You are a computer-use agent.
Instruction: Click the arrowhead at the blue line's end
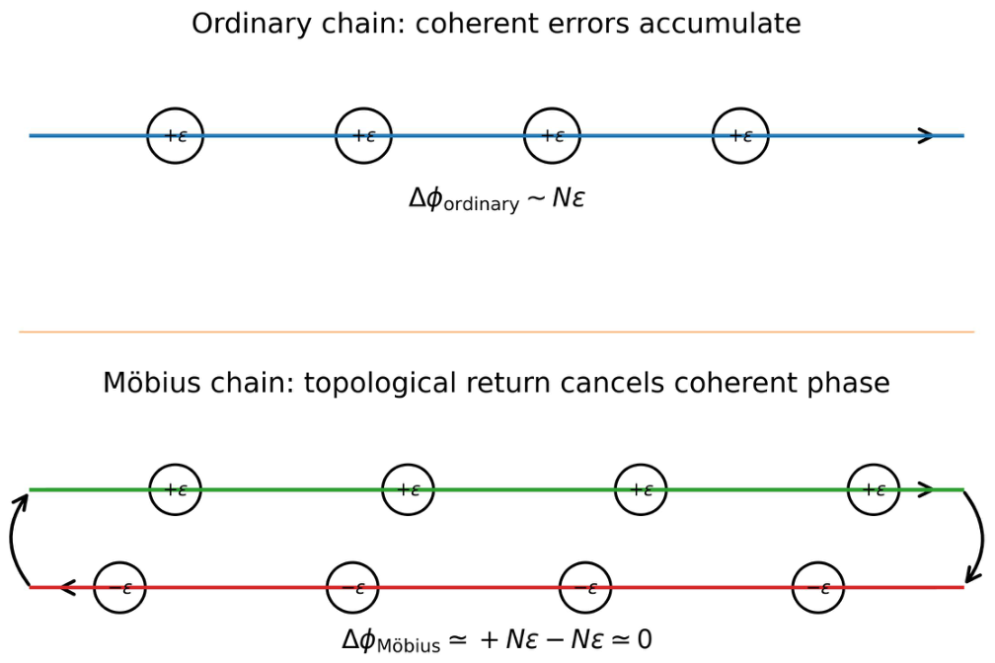927,135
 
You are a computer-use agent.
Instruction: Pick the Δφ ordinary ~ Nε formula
497,198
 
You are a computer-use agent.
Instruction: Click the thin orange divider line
497,331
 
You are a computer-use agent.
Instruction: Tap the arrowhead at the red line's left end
67,587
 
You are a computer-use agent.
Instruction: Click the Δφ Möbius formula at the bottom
497,639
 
